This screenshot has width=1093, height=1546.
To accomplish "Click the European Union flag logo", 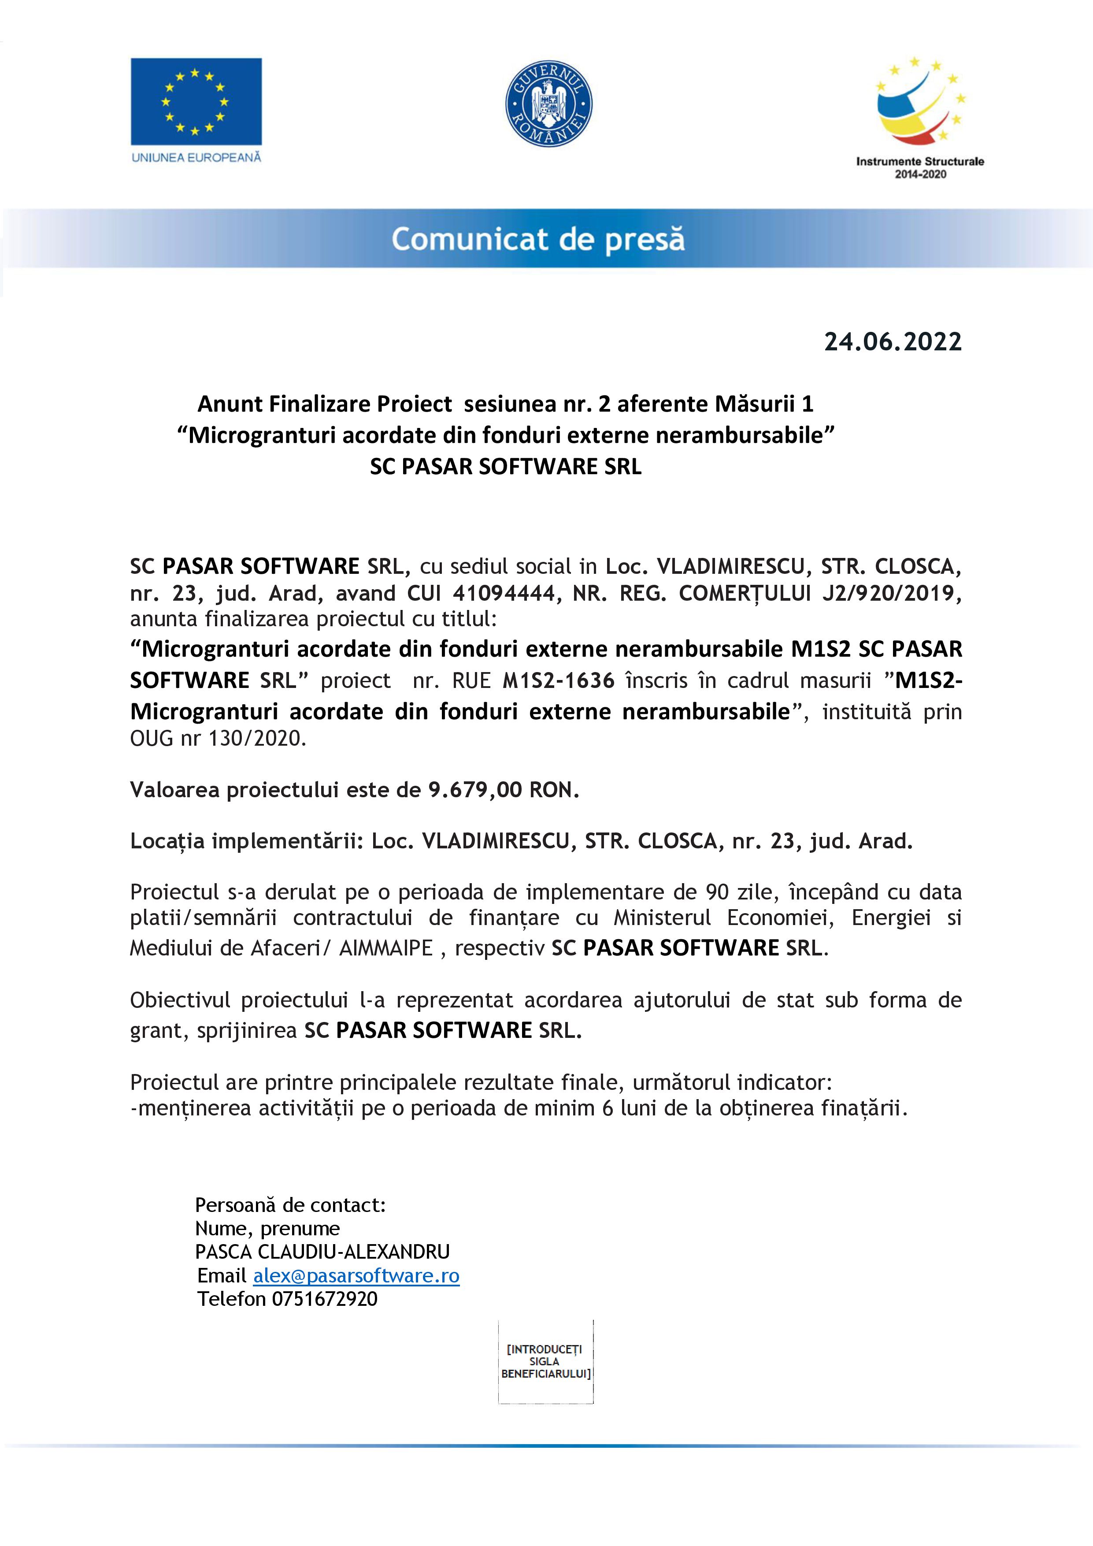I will (x=196, y=101).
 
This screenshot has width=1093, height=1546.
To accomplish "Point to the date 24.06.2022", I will (x=893, y=342).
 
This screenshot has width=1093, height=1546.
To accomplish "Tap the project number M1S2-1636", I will (x=559, y=681).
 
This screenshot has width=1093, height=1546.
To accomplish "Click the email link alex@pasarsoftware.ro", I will (x=356, y=1275).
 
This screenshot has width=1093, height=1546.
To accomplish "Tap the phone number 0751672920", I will (x=324, y=1298).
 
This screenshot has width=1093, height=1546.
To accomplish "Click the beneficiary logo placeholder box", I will (x=546, y=1361).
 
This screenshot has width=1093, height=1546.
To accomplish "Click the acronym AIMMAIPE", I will (x=385, y=948).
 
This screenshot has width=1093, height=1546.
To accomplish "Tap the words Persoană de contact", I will (x=290, y=1204).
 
